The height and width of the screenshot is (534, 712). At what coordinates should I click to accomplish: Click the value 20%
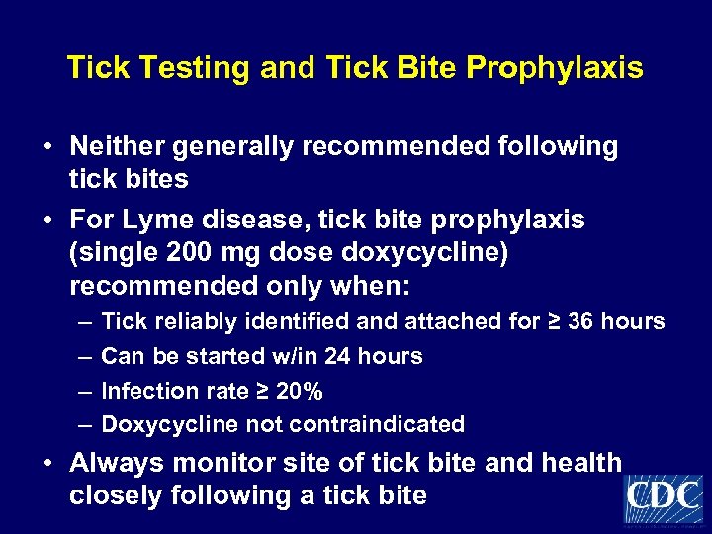[x=300, y=391]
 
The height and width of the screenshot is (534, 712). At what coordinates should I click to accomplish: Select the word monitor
[x=219, y=463]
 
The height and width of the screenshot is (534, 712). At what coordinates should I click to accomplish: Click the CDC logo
[x=664, y=497]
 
